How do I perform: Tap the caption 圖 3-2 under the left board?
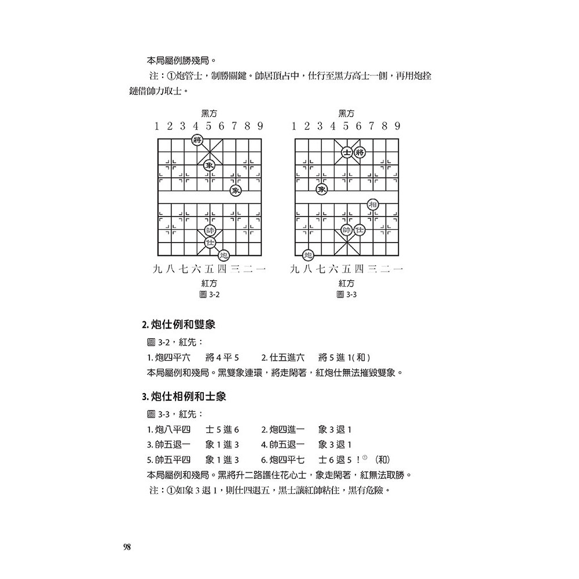pos(209,295)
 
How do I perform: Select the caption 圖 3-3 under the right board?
pos(347,295)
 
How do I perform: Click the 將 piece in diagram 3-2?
pos(197,140)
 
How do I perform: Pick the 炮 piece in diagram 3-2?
pos(223,255)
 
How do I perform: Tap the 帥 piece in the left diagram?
pos(210,230)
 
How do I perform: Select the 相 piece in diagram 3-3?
pos(373,204)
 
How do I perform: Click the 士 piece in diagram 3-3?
pos(346,152)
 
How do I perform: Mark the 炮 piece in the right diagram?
pos(308,255)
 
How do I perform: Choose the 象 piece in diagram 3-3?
pos(321,190)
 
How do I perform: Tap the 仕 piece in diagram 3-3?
pos(360,230)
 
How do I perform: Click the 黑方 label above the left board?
pos(209,113)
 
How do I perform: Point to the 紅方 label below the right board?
pos(347,283)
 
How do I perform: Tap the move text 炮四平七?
pos(283,460)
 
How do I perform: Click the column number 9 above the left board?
pos(261,126)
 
